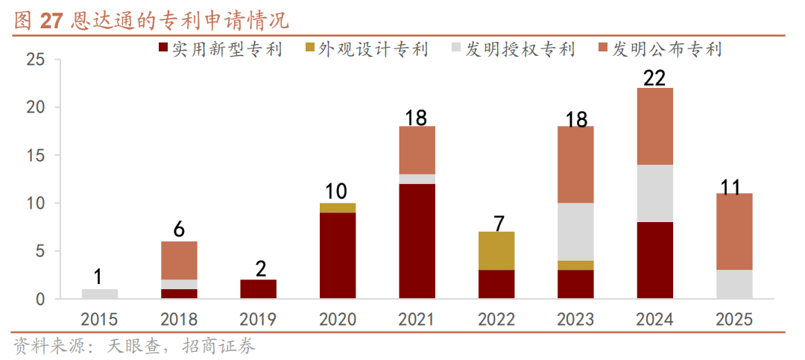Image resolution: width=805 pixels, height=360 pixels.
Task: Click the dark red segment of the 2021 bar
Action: pyautogui.click(x=417, y=241)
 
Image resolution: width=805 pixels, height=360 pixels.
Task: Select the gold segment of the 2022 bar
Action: pyautogui.click(x=496, y=250)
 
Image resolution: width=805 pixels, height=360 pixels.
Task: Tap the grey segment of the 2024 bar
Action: pyautogui.click(x=655, y=193)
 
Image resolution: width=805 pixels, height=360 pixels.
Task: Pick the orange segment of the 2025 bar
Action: pyautogui.click(x=734, y=231)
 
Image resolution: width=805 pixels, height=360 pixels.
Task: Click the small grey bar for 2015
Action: pyautogui.click(x=100, y=294)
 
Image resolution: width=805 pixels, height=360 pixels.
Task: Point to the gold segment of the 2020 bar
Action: pyautogui.click(x=338, y=208)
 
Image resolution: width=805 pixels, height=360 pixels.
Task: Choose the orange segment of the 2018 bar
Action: pyautogui.click(x=179, y=260)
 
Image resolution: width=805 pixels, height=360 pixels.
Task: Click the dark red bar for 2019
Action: pyautogui.click(x=259, y=289)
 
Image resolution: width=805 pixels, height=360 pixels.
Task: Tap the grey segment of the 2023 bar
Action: pyautogui.click(x=575, y=231)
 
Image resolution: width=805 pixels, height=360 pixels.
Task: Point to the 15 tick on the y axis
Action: pyautogui.click(x=36, y=155)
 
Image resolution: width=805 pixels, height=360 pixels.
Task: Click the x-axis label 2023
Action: pyautogui.click(x=575, y=320)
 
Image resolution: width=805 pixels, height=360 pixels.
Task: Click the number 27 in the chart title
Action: pyautogui.click(x=51, y=21)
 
